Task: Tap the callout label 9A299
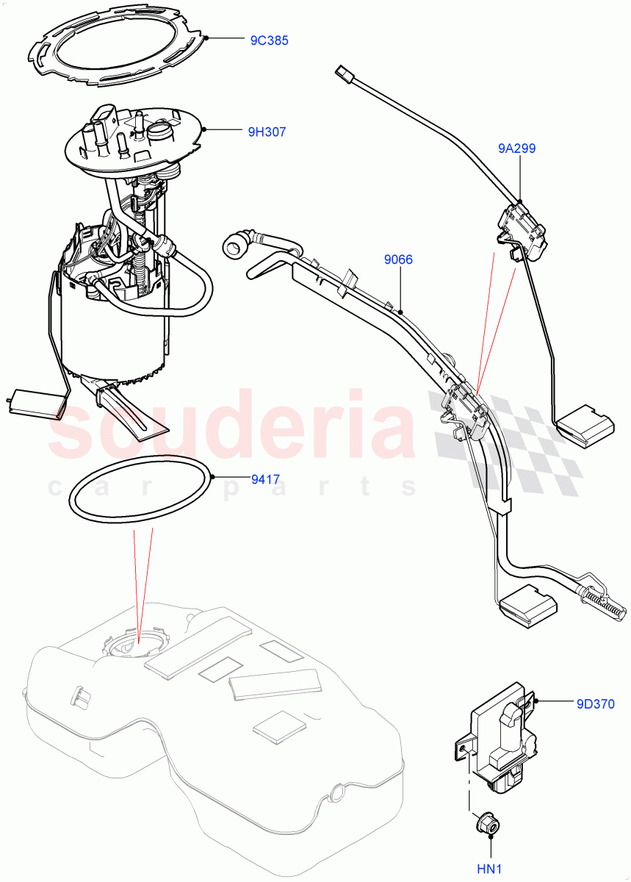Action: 516,148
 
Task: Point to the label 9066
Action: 398,259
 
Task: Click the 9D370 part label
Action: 596,702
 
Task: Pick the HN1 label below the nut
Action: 488,869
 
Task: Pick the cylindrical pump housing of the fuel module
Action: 110,331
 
